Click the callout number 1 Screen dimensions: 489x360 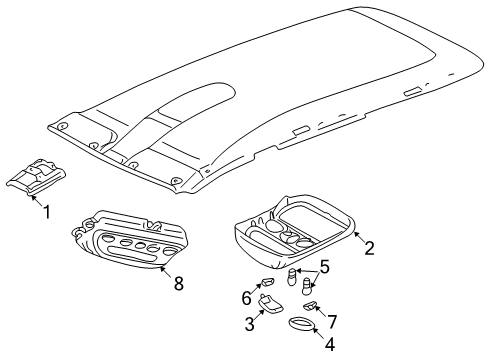47,212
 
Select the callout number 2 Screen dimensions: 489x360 369,248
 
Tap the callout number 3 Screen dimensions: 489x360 250,324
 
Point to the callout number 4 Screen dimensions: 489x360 329,344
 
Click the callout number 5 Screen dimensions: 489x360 324,267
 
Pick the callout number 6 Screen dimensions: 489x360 246,298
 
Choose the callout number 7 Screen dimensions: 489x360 332,322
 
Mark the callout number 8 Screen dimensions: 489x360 179,284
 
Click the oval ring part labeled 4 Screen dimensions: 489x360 301,324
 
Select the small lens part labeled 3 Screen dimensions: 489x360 270,304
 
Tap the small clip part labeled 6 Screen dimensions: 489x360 269,282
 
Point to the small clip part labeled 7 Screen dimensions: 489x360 310,305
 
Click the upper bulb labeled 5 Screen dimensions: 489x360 292,276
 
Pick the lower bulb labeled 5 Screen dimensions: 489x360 306,287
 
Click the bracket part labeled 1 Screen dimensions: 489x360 36,177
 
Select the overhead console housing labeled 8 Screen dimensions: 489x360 129,239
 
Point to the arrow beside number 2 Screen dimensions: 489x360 359,238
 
